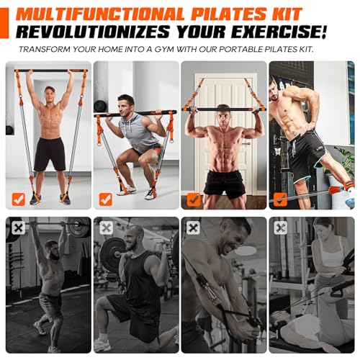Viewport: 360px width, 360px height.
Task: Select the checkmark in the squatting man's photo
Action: pos(106,199)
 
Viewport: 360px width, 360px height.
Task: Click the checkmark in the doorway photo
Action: pos(194,199)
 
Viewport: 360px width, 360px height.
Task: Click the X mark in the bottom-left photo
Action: pos(18,228)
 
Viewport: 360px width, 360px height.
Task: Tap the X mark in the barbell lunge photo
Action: pos(106,228)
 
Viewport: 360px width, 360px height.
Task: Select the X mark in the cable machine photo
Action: pos(193,228)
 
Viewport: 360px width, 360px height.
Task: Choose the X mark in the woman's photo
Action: pos(281,228)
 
